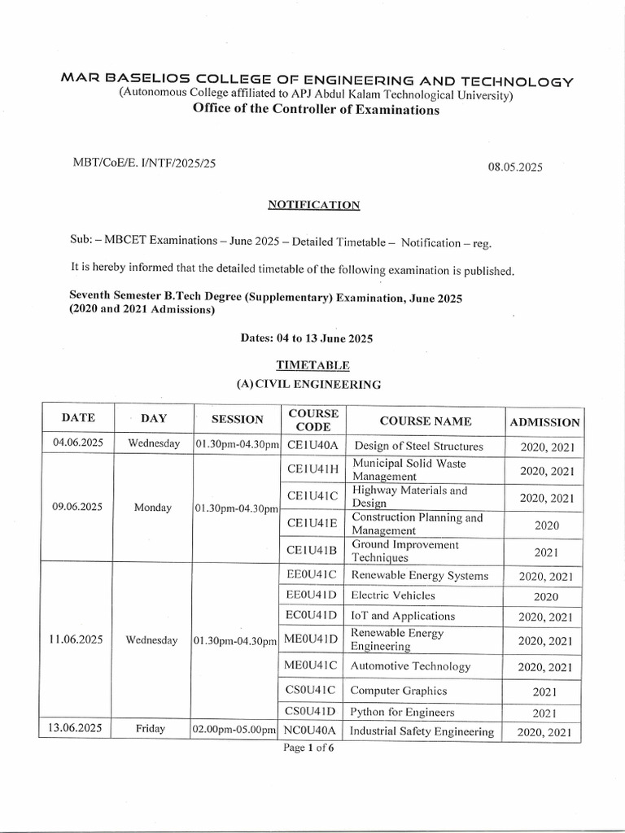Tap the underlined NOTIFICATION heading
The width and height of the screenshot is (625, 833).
click(313, 205)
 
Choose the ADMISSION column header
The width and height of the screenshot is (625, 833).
click(544, 422)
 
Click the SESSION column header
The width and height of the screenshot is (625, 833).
click(238, 420)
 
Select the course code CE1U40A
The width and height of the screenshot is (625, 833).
click(312, 445)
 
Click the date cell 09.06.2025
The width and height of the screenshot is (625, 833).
click(76, 506)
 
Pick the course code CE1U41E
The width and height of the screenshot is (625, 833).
click(312, 525)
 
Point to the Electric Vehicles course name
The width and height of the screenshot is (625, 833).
click(393, 595)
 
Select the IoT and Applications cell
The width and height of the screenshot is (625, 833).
click(403, 616)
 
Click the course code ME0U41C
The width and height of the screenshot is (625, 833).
click(312, 666)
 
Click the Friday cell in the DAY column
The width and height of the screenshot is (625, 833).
click(152, 729)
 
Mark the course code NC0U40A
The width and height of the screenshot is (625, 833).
click(312, 731)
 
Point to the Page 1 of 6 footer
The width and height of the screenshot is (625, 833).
click(308, 748)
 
